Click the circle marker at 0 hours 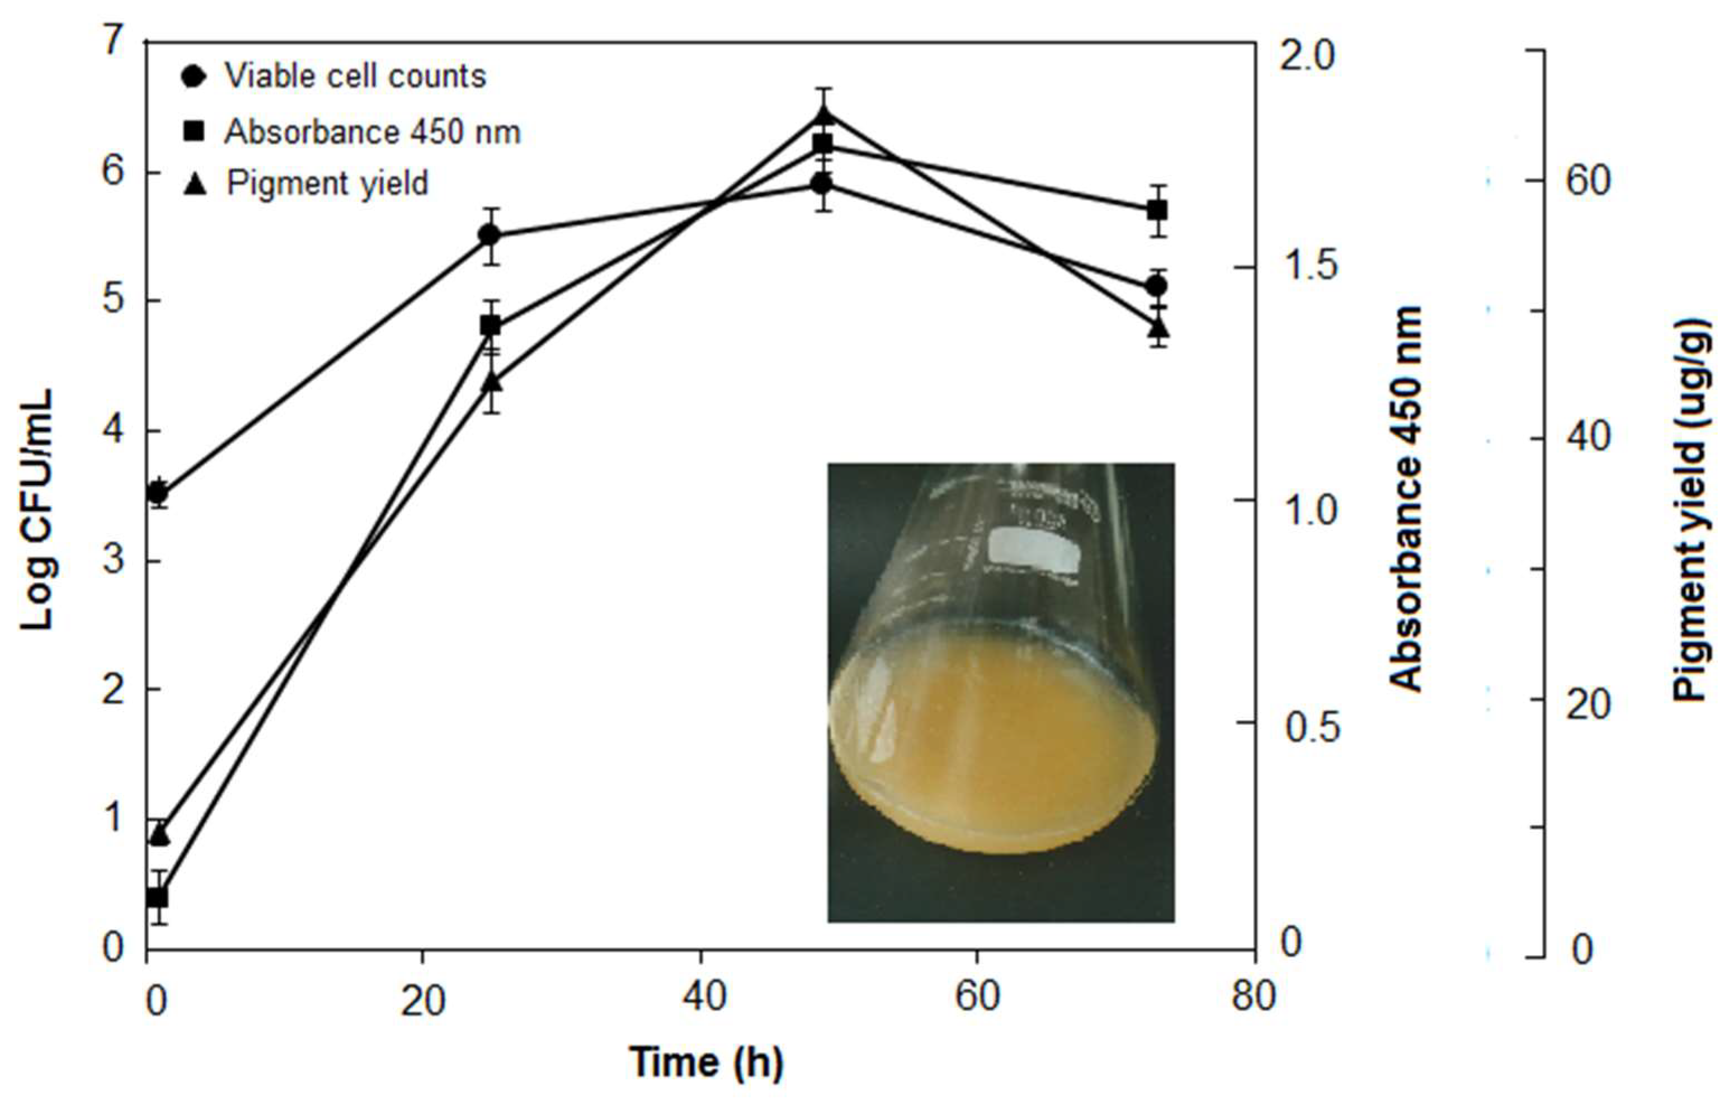[158, 494]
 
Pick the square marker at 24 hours [490, 326]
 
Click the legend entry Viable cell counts [354, 76]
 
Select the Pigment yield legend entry [327, 183]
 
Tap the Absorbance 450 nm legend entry [371, 131]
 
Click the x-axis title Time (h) [706, 1062]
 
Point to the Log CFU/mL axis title [37, 510]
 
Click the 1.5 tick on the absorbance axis [1310, 266]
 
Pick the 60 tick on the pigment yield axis [1588, 181]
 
